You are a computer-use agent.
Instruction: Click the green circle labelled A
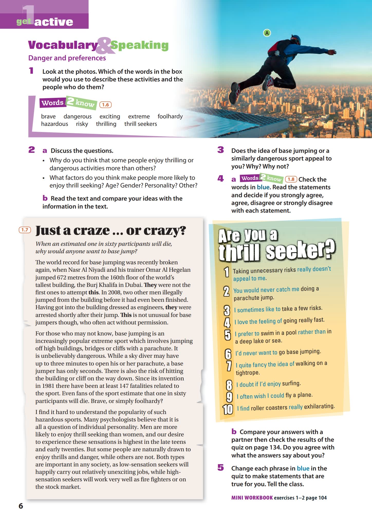(267, 33)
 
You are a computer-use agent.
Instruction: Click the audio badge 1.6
(105, 105)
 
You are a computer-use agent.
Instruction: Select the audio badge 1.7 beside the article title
(25, 230)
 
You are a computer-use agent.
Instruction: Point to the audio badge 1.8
(291, 179)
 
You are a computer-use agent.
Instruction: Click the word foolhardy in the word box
(170, 116)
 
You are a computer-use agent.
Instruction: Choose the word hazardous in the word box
(54, 124)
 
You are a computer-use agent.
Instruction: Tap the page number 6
(21, 506)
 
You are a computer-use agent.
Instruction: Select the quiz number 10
(228, 409)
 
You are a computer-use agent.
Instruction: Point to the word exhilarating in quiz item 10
(319, 406)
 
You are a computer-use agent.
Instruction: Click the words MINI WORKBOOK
(252, 497)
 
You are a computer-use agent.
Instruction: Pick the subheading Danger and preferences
(67, 58)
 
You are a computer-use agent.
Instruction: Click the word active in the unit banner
(54, 22)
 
